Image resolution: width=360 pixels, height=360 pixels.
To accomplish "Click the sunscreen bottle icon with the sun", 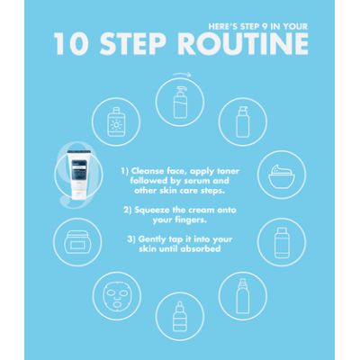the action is [116, 122].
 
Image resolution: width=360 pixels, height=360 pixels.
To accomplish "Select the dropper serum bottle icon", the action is [180, 317].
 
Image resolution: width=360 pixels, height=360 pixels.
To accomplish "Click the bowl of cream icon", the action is [282, 176].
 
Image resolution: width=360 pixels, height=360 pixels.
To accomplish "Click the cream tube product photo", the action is [79, 175].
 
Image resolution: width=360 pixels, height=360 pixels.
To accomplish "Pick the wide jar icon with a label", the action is [77, 242].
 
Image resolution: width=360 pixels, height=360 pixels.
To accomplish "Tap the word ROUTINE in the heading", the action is [243, 44].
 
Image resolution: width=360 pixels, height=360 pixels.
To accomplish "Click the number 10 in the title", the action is [71, 44].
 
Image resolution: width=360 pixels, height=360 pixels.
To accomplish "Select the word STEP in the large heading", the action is [133, 44].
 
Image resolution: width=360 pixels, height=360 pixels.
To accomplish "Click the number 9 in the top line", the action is [265, 27].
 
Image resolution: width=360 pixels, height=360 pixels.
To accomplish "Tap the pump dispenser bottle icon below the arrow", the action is [180, 102].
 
